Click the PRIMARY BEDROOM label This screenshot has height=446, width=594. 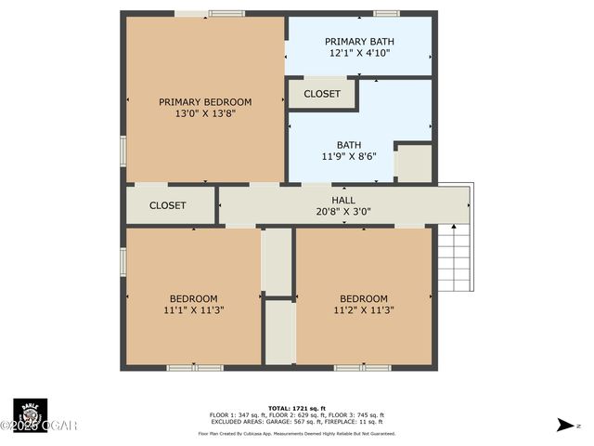tap(205, 102)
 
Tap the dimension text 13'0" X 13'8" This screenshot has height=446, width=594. tap(205, 114)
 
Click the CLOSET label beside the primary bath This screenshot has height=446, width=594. tap(322, 94)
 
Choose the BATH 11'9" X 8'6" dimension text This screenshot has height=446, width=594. tap(349, 157)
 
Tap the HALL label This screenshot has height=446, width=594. tap(343, 200)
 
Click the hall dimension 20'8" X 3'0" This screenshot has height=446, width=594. tap(343, 212)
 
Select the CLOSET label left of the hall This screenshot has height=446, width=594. tap(168, 205)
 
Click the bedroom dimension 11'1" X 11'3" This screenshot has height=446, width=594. tap(193, 310)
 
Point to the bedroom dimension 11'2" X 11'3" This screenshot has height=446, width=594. tap(363, 310)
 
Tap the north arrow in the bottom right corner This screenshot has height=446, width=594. tap(565, 425)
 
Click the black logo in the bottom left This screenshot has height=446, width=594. tap(30, 413)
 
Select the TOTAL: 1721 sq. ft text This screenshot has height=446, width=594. tap(297, 408)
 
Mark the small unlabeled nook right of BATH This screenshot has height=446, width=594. tap(414, 164)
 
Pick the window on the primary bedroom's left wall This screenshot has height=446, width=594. tap(123, 151)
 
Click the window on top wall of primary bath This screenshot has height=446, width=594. tap(386, 14)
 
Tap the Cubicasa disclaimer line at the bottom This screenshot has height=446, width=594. tap(297, 433)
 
